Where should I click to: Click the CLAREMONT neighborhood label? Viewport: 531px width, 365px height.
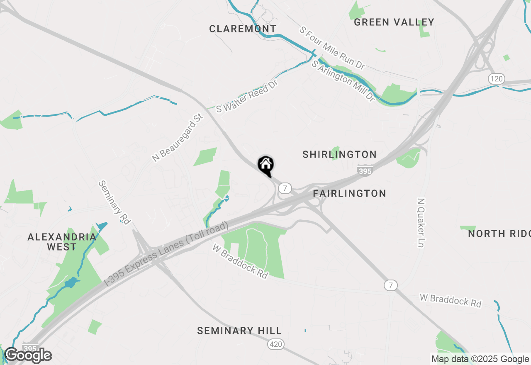[243, 29]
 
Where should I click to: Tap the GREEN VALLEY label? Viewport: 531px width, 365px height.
[394, 22]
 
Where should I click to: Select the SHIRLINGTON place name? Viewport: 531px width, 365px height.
[339, 155]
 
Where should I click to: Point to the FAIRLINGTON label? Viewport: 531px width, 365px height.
[349, 193]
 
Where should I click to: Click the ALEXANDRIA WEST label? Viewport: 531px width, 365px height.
[62, 242]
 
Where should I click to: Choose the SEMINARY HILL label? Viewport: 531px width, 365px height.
[239, 331]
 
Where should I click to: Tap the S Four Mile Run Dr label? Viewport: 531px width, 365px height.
[332, 48]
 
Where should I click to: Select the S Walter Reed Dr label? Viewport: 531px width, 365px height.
[246, 96]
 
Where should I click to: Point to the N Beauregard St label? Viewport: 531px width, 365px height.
[177, 138]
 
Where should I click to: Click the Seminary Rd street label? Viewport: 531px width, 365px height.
[114, 202]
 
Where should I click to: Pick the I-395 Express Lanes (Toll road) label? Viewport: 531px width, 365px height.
[166, 253]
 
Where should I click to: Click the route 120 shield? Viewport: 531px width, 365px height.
[496, 79]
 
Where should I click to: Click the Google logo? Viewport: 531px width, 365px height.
[28, 355]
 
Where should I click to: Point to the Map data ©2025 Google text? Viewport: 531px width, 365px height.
[480, 359]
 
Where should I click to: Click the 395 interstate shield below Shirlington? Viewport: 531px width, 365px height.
[365, 170]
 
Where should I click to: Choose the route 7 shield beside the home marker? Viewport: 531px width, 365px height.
[284, 188]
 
